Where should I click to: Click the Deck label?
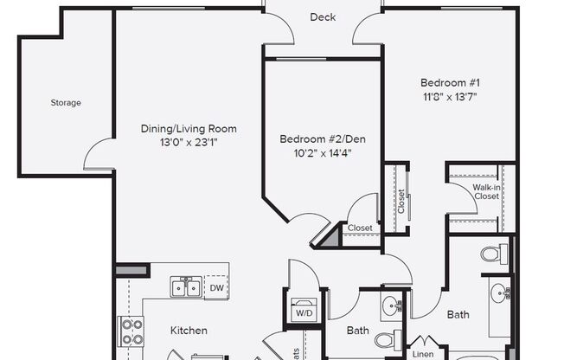click(x=323, y=17)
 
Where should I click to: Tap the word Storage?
click(x=65, y=103)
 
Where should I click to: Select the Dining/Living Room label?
click(x=189, y=129)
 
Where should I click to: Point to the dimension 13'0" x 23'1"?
click(x=189, y=143)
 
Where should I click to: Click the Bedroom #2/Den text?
click(x=319, y=139)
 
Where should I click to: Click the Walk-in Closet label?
click(x=486, y=192)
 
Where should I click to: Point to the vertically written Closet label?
click(x=401, y=200)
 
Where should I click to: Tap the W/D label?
click(x=304, y=313)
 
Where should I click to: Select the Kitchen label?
click(x=189, y=331)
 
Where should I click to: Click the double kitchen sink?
click(x=187, y=286)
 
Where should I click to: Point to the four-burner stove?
click(x=131, y=331)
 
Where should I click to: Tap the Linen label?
click(x=422, y=354)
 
